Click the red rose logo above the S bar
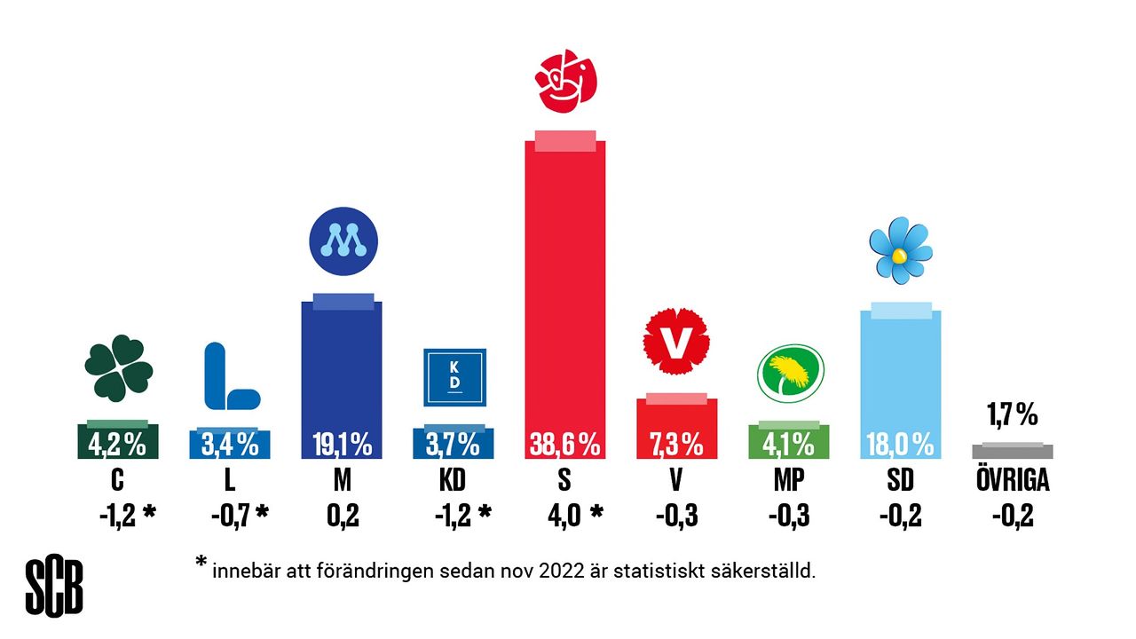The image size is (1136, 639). click(564, 82)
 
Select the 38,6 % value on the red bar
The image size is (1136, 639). click(564, 444)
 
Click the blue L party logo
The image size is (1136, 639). click(229, 376)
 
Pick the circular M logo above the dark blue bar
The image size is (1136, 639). click(343, 240)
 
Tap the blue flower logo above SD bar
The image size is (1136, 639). click(900, 250)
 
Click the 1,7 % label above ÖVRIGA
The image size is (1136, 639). click(1012, 414)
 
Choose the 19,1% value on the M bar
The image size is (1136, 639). click(342, 444)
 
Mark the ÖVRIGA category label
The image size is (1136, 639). click(1012, 480)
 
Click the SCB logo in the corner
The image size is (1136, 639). click(54, 588)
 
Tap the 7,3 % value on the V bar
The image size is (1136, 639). click(676, 444)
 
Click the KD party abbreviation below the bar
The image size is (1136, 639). click(453, 480)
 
